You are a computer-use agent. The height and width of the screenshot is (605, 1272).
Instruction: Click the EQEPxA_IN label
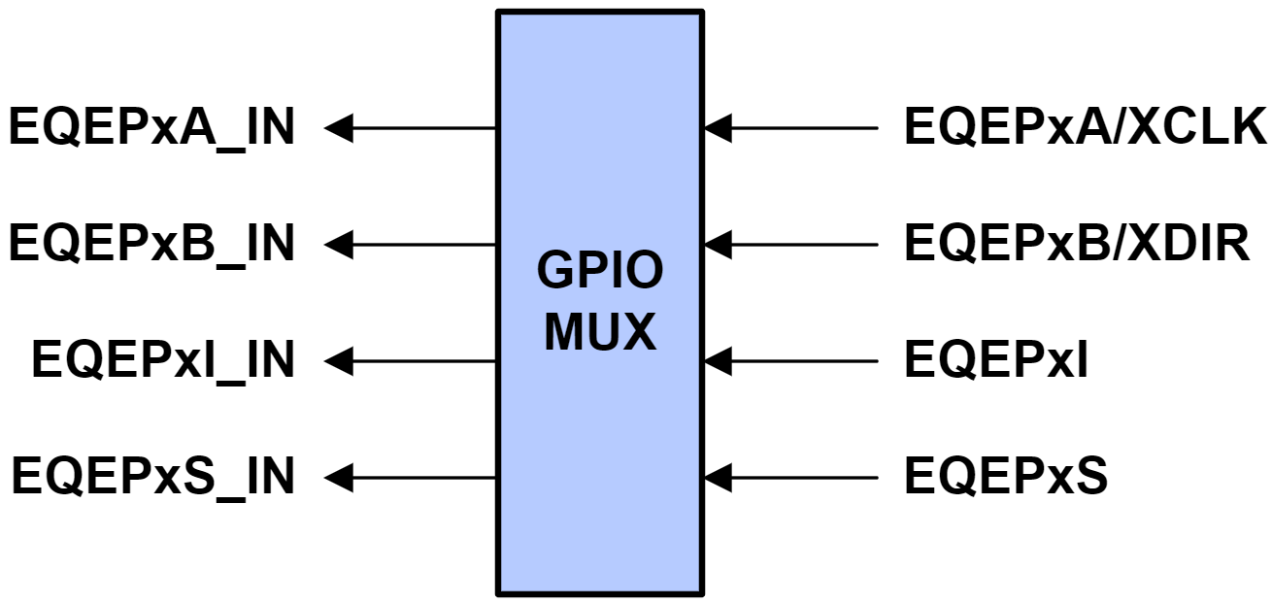[x=151, y=129]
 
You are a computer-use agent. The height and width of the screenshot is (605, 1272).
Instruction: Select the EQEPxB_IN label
[x=151, y=245]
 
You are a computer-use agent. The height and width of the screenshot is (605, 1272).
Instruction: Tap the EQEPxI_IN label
[x=163, y=361]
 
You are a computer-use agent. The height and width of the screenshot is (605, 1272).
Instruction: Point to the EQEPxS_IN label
[x=153, y=478]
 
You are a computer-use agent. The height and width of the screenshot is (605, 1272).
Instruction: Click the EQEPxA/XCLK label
[x=1086, y=127]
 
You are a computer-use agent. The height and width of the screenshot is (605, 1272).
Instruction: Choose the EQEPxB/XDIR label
[x=1077, y=245]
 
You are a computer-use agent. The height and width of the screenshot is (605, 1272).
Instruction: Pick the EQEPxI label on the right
[x=996, y=361]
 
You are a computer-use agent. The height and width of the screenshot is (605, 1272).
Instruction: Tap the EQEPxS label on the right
[x=1006, y=478]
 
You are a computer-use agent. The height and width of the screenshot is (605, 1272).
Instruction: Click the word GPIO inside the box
[x=600, y=273]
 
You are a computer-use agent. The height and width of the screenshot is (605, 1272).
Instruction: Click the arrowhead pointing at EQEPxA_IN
[x=339, y=127]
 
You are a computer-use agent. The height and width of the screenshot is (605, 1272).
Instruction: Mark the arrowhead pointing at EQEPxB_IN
[x=339, y=245]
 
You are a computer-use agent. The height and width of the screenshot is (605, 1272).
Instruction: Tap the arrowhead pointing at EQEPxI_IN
[x=339, y=361]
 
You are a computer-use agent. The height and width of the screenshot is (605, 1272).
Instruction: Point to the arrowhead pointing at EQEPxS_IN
[x=339, y=478]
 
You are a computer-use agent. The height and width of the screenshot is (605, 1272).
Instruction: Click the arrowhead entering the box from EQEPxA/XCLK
[x=718, y=127]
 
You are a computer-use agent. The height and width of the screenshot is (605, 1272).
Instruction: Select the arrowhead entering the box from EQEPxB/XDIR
[x=718, y=245]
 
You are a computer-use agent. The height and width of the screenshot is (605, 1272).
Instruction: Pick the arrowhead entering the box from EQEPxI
[x=718, y=361]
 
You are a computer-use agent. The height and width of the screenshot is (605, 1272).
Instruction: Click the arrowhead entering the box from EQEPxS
[x=718, y=478]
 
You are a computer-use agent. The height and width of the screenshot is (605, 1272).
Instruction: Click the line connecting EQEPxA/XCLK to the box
[x=806, y=127]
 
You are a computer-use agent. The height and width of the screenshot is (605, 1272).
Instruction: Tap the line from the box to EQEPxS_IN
[x=427, y=478]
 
